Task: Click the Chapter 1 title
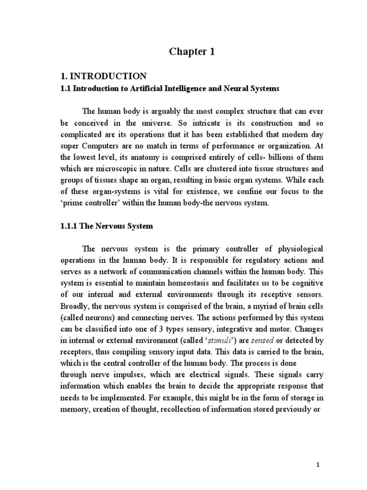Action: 190,52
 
